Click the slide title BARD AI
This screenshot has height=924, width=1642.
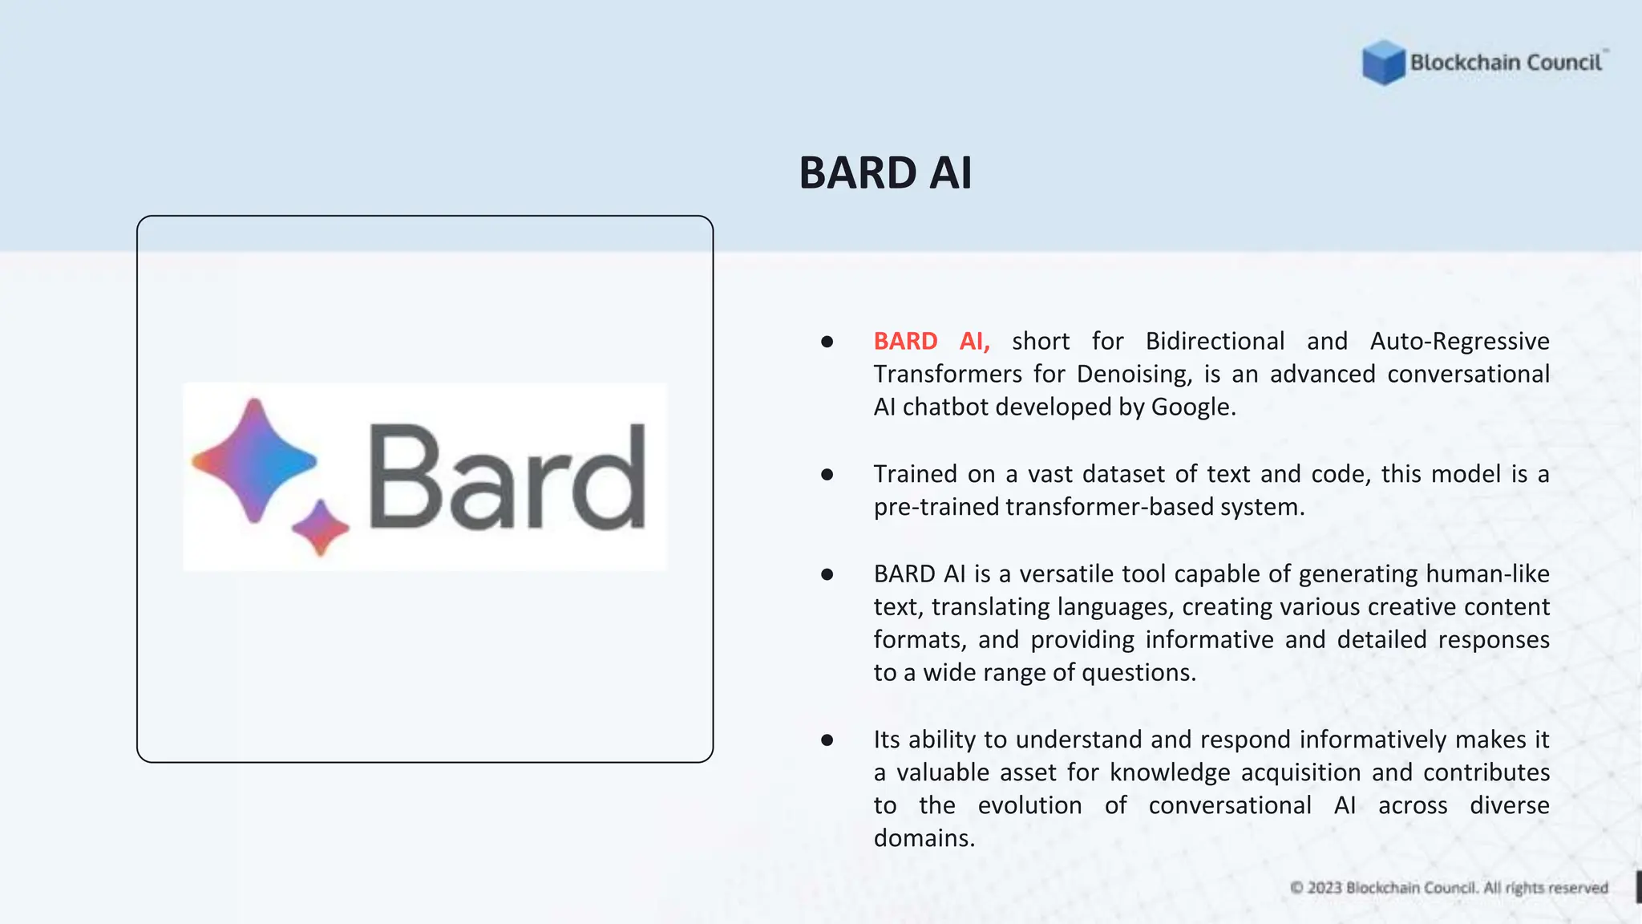(885, 172)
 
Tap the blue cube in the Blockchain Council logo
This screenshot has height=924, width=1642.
(1383, 63)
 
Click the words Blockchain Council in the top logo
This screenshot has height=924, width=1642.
(1506, 63)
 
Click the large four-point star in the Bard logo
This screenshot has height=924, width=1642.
(254, 461)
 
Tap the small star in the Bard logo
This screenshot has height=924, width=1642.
(321, 528)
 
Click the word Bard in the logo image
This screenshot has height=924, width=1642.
(507, 478)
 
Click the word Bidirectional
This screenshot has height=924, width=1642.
(1215, 342)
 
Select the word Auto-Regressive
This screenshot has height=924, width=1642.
(1459, 342)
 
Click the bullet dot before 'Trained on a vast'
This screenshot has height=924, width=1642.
(827, 475)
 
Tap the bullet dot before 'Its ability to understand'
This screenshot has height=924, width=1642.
(827, 740)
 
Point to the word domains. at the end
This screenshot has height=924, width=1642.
(924, 838)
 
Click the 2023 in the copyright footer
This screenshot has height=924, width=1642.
(1325, 888)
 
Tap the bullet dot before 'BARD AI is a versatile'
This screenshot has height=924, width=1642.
(827, 574)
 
